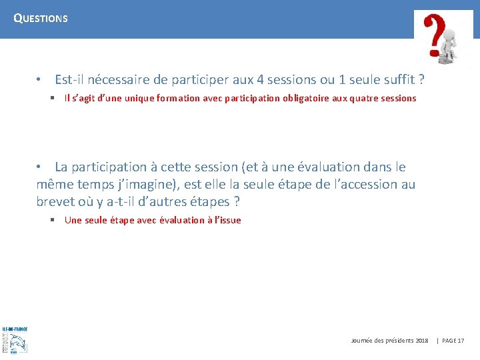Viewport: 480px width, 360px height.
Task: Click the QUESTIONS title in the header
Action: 41,19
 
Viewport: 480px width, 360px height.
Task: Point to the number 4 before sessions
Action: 260,80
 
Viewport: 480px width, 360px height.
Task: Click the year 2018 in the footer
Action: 421,341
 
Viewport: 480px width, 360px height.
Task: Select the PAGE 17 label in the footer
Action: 453,341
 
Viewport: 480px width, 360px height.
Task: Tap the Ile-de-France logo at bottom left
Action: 14,339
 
